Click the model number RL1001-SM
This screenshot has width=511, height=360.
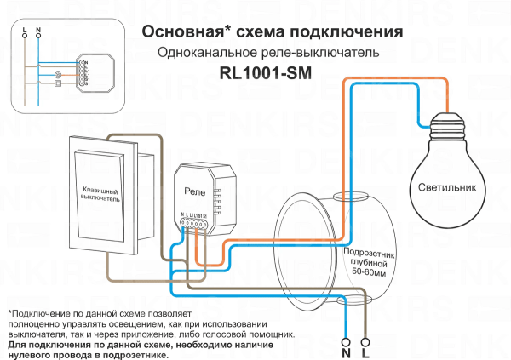point(264,72)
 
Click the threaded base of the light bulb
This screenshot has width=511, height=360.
point(448,126)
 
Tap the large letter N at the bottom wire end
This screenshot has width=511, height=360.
point(346,350)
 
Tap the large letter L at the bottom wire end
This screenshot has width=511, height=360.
point(366,350)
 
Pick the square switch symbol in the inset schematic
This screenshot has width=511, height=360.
point(56,83)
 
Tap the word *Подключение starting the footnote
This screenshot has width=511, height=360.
point(41,314)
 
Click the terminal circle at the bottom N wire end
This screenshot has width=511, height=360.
point(346,336)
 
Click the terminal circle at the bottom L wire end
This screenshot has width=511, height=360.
point(366,336)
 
